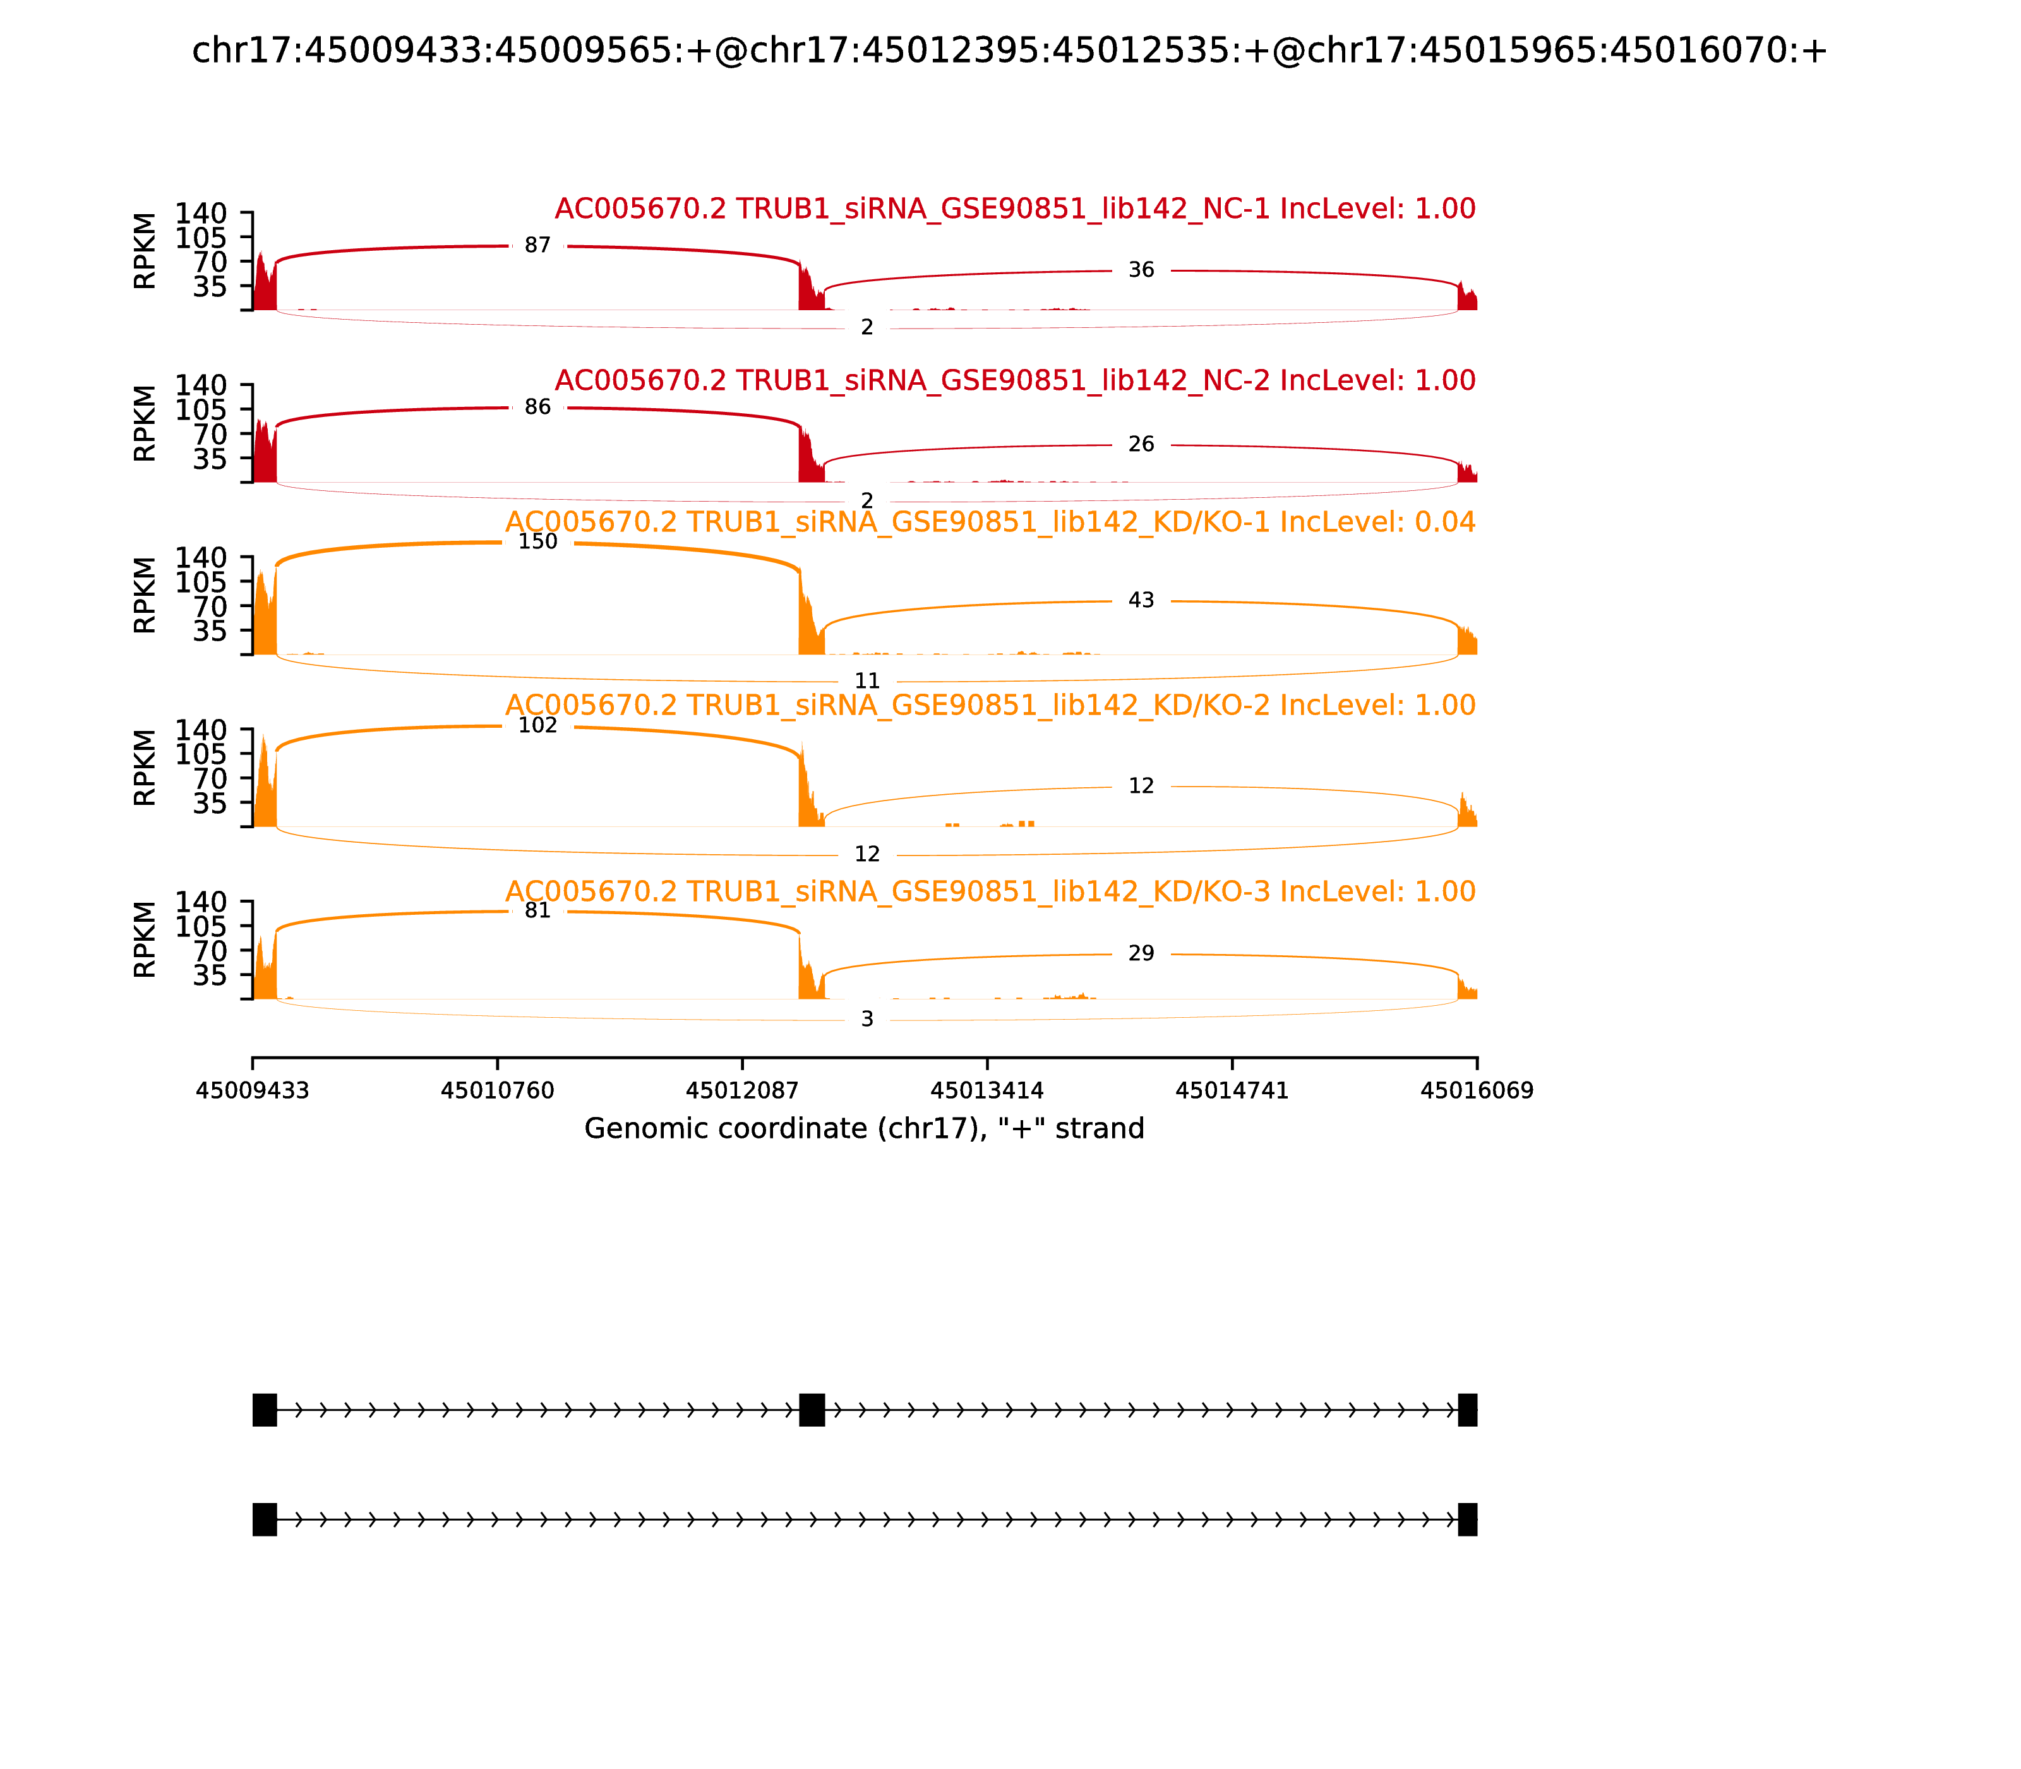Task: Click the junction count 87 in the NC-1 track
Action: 538,245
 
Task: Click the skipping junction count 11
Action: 867,681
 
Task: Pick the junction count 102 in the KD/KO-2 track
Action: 538,725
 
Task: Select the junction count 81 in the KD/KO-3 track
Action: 538,910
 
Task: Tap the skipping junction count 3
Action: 867,1020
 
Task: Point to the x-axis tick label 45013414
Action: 987,1091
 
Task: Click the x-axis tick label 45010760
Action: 498,1091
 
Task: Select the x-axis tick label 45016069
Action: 1477,1091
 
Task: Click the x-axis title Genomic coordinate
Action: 865,1128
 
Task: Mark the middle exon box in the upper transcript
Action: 811,1410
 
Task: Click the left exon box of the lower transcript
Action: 265,1519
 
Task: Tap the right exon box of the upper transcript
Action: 1467,1410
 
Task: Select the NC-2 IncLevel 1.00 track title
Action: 1016,381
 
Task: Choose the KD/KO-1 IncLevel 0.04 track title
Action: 991,522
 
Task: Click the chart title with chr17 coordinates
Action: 1009,51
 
